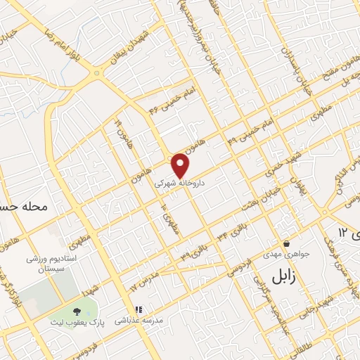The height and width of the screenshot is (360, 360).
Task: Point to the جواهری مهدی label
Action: (x=283, y=254)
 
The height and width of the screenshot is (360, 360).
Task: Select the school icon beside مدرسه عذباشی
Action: (x=139, y=309)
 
